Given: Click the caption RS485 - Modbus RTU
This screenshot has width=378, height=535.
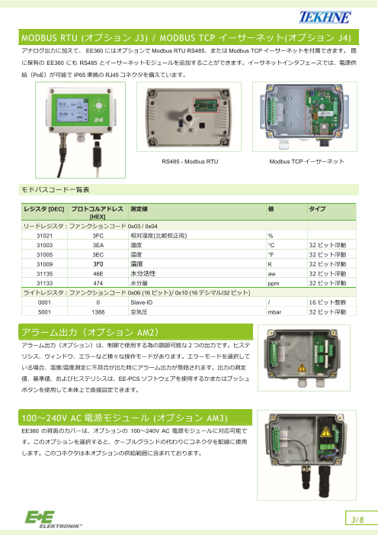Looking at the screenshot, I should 190,163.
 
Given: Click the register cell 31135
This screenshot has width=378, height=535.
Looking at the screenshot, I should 44,273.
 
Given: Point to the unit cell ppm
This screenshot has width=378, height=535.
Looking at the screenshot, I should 273,282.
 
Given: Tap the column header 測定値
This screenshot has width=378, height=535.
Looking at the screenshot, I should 139,208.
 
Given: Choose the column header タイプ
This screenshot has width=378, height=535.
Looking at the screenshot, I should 317,208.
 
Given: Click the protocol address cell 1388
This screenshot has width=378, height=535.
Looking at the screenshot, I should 98,312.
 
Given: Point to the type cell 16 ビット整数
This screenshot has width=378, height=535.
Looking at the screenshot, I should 328,303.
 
